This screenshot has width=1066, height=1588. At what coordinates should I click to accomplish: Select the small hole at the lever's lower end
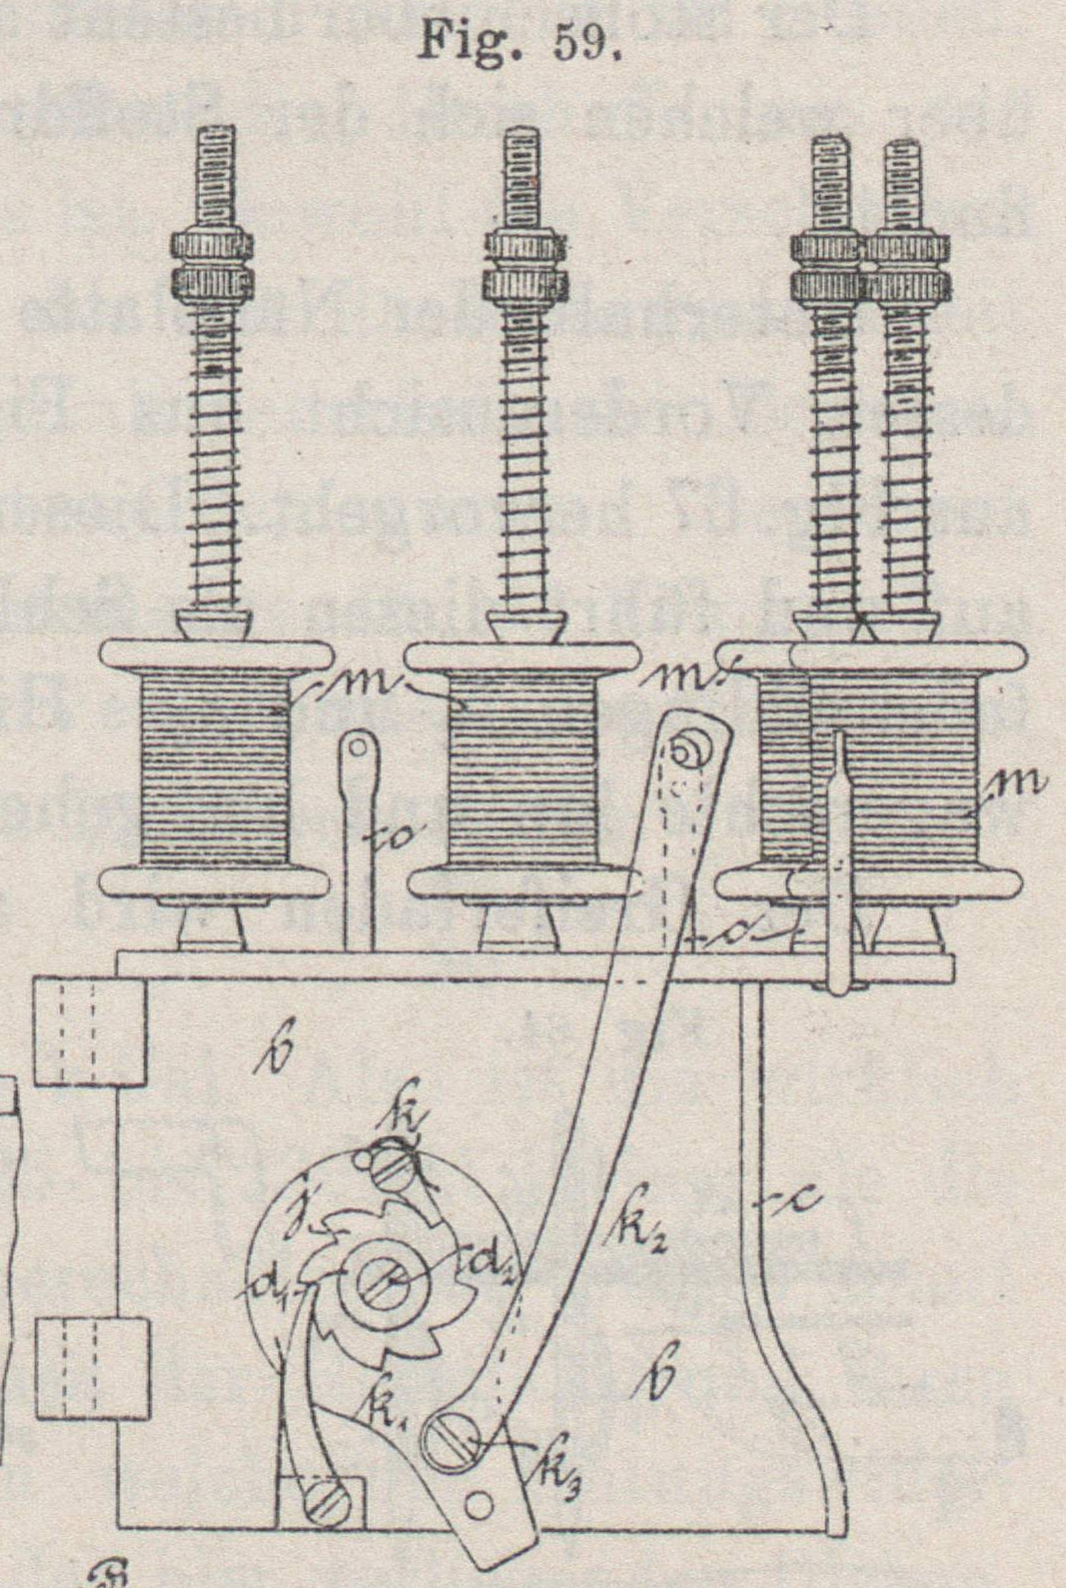click(x=481, y=1504)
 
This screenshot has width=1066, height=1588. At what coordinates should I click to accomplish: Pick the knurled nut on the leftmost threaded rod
click(x=211, y=265)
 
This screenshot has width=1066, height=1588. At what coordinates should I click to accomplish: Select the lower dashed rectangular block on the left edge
click(x=93, y=1366)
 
